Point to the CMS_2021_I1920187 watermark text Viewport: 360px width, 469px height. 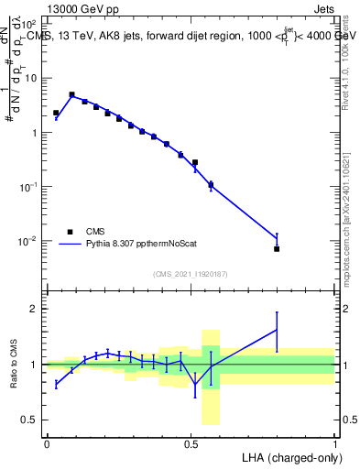coord(191,274)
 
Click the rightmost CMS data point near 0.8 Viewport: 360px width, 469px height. coord(277,248)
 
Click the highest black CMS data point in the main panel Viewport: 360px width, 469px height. coord(71,94)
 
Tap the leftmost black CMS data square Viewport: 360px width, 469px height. coord(56,113)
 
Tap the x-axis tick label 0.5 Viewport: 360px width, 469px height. coord(191,442)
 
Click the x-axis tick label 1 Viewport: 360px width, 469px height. coord(335,442)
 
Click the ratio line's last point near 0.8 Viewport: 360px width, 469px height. coord(277,329)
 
